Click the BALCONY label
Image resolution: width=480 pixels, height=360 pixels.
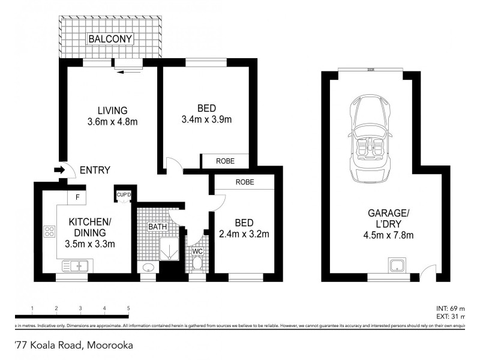[x=110, y=39]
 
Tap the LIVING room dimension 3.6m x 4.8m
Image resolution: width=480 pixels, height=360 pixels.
[x=112, y=122]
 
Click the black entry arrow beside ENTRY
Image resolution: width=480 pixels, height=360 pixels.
[x=59, y=170]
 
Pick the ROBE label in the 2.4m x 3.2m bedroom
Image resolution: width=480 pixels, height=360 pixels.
[x=244, y=182]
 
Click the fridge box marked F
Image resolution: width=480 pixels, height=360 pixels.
[x=77, y=196]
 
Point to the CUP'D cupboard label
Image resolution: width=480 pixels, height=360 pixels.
[x=123, y=194]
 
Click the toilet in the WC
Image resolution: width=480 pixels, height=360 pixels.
[x=196, y=262]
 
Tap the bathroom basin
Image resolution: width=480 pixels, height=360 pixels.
[x=148, y=268]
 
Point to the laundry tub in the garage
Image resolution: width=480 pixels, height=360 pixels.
[x=396, y=266]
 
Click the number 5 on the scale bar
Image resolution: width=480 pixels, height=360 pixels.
[x=128, y=308]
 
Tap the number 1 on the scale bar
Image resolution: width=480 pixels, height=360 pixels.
[x=32, y=308]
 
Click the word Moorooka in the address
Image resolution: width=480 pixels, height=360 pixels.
[x=110, y=345]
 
